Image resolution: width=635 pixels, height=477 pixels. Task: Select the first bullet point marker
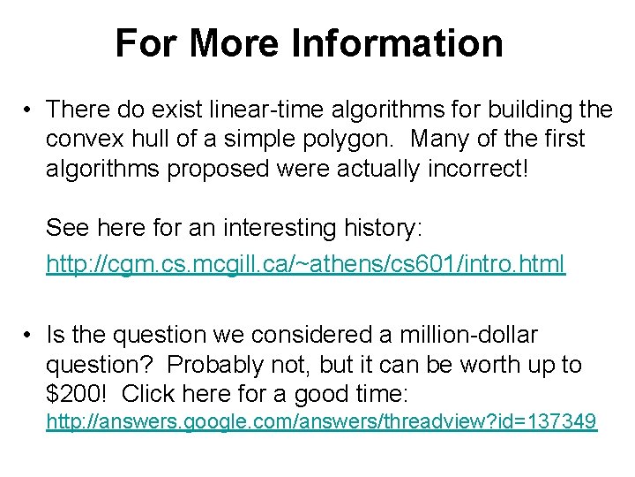(28, 110)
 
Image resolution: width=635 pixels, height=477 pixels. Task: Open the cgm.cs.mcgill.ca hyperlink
(305, 263)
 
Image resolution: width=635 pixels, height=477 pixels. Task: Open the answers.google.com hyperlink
(321, 422)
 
